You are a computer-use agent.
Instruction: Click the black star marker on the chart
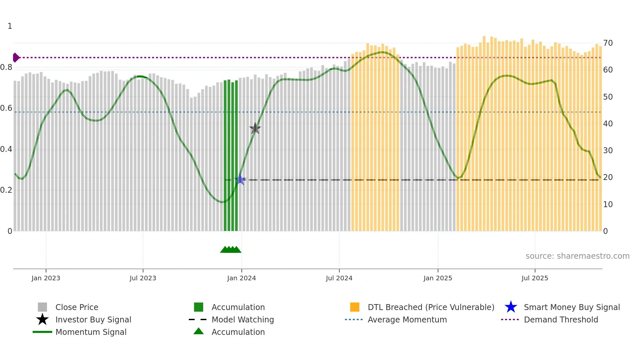point(255,128)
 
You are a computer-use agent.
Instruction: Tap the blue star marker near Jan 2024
point(240,180)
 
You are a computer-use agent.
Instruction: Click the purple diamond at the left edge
point(16,57)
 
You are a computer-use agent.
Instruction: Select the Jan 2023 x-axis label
point(46,278)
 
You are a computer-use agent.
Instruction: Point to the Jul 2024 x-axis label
point(339,278)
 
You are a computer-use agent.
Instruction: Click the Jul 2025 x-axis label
point(535,278)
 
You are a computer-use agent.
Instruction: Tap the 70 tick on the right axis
point(608,43)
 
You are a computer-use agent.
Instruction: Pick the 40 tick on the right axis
point(608,124)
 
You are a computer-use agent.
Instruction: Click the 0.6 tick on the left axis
point(6,108)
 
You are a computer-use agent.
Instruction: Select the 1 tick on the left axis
point(10,26)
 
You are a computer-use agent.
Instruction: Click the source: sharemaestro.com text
point(577,256)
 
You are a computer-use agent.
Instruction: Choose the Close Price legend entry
point(77,307)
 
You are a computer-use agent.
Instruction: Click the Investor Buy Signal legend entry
point(93,319)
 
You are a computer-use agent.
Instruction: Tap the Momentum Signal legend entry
point(91,332)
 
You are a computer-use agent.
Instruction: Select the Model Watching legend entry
point(243,319)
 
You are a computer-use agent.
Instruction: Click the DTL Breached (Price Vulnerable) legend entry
point(431,307)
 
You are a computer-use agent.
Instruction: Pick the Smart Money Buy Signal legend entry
point(571,307)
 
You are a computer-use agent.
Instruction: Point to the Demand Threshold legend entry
point(561,319)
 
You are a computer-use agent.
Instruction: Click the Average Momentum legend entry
point(407,319)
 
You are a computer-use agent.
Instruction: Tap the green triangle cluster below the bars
point(231,250)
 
